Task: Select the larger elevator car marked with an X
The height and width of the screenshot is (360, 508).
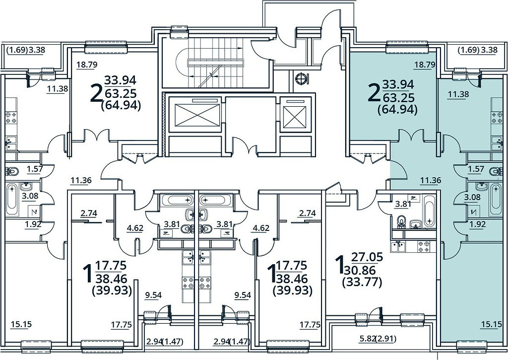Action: tap(193, 115)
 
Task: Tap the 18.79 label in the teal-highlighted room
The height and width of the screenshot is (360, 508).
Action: tap(425, 65)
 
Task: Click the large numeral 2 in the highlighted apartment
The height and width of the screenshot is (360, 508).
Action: tap(375, 92)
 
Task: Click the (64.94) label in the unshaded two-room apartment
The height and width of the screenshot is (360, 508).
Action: tap(121, 105)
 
